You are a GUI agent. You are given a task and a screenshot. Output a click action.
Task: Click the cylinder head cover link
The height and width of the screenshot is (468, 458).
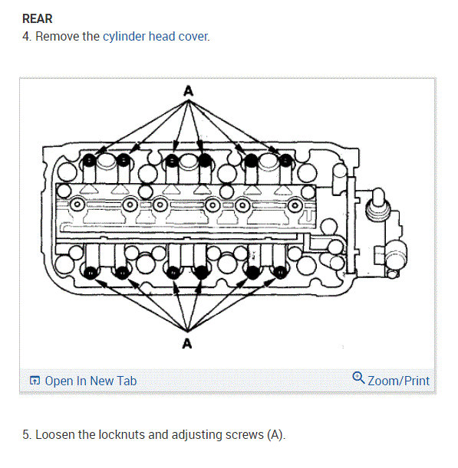[x=155, y=36]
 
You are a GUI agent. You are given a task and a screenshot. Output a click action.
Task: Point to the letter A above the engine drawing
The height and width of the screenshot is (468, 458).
[x=187, y=91]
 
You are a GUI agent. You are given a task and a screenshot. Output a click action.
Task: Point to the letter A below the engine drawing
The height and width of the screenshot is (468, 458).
[x=187, y=343]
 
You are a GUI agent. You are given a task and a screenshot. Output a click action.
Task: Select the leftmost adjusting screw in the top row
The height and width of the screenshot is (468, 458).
[x=90, y=160]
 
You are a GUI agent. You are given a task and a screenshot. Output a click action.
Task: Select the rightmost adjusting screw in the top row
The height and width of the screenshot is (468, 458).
[x=285, y=161]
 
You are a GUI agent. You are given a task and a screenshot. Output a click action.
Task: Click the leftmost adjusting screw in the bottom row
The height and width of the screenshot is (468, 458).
[x=91, y=271]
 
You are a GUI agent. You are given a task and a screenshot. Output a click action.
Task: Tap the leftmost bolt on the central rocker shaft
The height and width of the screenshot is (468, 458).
[x=77, y=205]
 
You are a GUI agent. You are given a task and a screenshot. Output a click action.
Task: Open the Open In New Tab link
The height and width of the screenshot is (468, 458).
[x=91, y=381]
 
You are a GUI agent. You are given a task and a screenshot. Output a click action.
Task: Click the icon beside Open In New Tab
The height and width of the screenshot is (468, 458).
[x=35, y=381]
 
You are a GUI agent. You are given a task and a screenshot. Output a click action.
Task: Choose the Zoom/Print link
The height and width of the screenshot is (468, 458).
[x=398, y=381]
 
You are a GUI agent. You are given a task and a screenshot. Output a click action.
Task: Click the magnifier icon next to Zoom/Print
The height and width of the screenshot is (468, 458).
[x=358, y=378]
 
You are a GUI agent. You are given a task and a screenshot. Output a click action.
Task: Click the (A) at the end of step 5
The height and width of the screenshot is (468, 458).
[x=275, y=435]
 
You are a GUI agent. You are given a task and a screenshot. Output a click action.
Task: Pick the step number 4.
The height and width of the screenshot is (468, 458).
[x=27, y=36]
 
